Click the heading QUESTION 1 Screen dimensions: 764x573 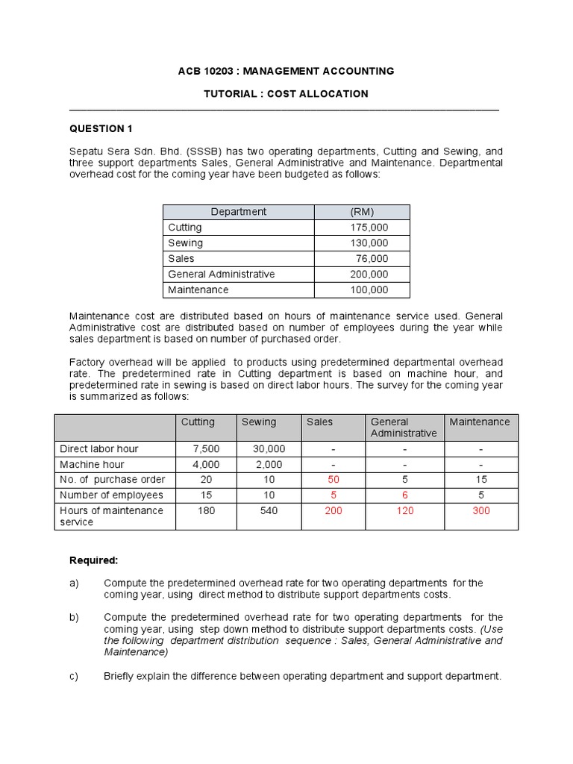(101, 129)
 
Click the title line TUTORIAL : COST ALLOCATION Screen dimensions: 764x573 (286, 94)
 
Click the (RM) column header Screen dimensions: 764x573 (362, 212)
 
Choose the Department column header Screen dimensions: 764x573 (238, 212)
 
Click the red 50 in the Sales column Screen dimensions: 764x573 (334, 479)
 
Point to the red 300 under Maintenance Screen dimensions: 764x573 (480, 510)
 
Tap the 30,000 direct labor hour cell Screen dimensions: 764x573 (269, 448)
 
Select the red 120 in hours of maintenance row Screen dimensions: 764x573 (405, 510)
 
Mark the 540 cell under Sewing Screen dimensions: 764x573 (269, 510)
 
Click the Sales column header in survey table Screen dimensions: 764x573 (320, 422)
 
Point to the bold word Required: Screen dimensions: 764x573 (94, 560)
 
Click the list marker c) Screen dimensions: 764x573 (74, 676)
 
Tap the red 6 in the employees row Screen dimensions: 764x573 (405, 495)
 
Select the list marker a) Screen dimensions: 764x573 (74, 583)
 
